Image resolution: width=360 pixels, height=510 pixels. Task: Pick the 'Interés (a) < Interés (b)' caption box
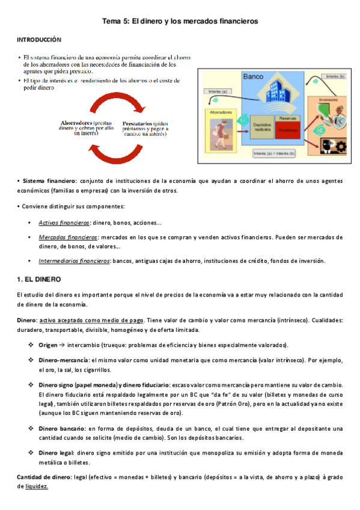click(275, 154)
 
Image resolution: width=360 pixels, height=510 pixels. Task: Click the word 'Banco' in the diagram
click(254, 77)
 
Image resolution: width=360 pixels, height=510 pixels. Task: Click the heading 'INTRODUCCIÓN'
click(38, 39)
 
